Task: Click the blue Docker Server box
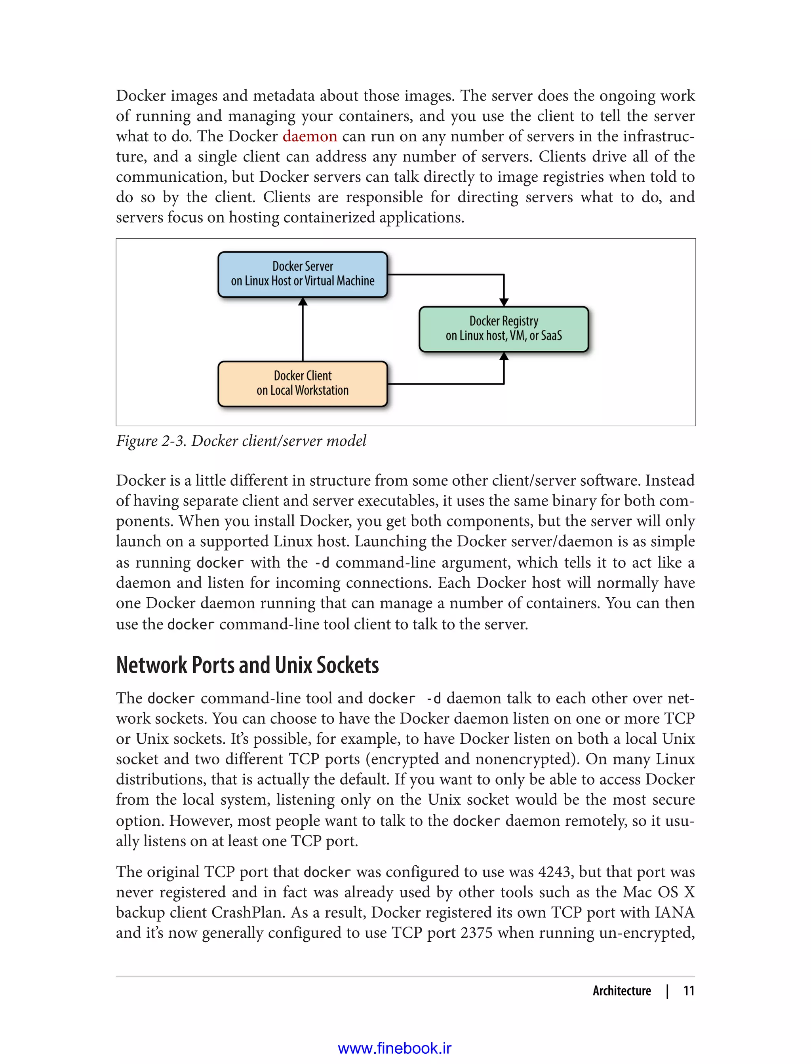303,274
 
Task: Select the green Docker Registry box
503,329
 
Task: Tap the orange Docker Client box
303,383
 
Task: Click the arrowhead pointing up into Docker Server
303,302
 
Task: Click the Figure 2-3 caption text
241,441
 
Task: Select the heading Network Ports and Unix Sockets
247,665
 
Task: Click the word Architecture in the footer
622,991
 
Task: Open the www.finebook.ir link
394,1048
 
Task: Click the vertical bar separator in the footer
667,991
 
